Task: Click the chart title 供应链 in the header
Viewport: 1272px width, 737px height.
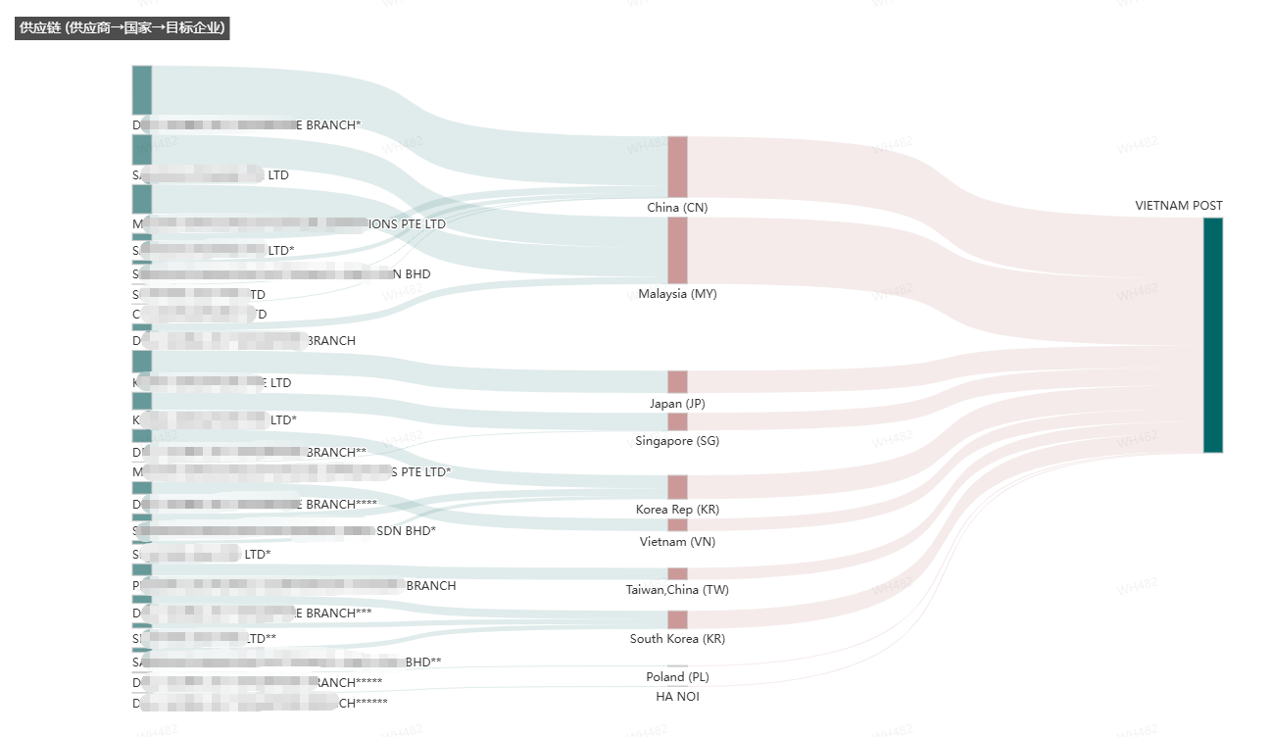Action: (x=122, y=27)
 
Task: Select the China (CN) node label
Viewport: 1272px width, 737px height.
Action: (x=677, y=208)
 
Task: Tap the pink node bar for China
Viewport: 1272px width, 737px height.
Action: (x=677, y=167)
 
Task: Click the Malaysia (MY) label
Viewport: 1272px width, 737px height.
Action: (x=677, y=294)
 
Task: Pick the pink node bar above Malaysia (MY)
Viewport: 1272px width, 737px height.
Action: (x=677, y=251)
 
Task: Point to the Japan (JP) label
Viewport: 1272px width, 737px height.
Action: (x=677, y=404)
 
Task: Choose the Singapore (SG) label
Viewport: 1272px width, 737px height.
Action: (x=677, y=441)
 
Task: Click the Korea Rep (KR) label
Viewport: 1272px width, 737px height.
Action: (x=677, y=510)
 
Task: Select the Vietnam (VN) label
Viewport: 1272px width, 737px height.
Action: (x=677, y=542)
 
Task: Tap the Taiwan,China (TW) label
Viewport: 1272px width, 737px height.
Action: (x=677, y=590)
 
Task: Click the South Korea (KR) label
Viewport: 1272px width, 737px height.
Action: (x=677, y=639)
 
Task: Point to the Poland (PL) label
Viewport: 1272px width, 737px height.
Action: (x=677, y=677)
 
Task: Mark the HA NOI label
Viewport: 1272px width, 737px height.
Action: (x=677, y=697)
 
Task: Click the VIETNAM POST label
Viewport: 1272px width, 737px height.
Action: (x=1179, y=206)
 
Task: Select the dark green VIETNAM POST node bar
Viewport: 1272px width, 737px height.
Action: (x=1212, y=335)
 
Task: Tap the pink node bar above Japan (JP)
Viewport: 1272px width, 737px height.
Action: (x=677, y=382)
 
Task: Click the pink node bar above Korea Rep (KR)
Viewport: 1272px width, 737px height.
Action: (x=677, y=487)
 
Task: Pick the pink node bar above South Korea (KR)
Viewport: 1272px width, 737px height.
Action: (x=677, y=619)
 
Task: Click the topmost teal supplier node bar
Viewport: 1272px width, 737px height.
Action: (x=142, y=90)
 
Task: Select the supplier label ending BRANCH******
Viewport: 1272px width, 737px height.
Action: (x=265, y=703)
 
